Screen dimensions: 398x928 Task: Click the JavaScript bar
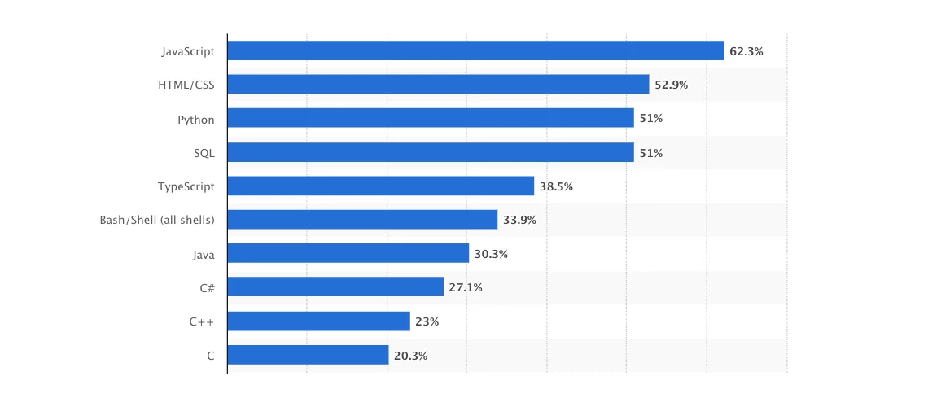[x=475, y=50]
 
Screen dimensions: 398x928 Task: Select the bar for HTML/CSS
[x=438, y=85]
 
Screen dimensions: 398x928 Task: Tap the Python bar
[x=430, y=118]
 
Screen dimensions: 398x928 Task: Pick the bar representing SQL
[x=430, y=152]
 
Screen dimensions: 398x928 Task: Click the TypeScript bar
[x=380, y=186]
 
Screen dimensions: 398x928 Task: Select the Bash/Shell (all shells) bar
[x=362, y=220]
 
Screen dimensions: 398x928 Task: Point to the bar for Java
[x=348, y=253]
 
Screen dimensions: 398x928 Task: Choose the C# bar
[x=335, y=286]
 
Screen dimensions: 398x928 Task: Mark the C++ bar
[x=318, y=321]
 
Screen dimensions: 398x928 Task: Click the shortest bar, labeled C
[x=308, y=355]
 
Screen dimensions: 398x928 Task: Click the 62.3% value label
[x=746, y=51]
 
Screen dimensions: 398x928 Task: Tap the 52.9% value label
[x=672, y=85]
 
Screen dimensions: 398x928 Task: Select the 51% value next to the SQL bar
[x=651, y=153]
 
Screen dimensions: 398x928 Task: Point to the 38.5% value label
[x=556, y=186]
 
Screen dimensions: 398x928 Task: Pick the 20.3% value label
[x=410, y=356]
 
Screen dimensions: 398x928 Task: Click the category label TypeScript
[x=186, y=186]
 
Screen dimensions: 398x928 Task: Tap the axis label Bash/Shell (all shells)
[x=157, y=220]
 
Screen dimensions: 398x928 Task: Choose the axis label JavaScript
[x=188, y=51]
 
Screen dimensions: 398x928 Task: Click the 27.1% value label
[x=466, y=287]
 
